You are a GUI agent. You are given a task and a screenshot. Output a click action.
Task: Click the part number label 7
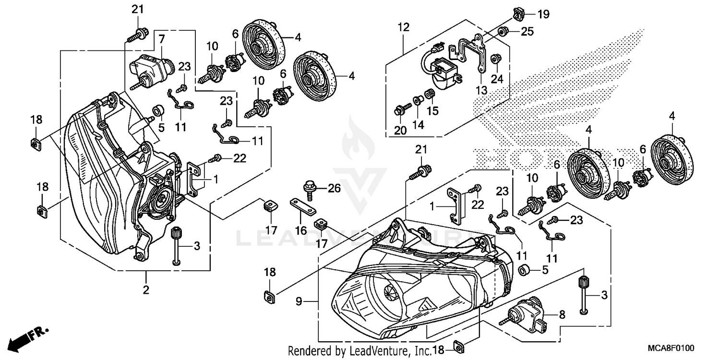[162, 38]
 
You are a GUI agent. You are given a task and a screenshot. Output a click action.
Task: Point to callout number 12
[403, 27]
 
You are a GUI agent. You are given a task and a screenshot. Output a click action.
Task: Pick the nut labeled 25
[502, 32]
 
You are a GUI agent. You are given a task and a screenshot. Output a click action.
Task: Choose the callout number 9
[299, 301]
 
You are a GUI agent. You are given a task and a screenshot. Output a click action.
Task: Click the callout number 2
[146, 289]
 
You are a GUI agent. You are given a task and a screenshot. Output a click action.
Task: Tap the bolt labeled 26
[310, 186]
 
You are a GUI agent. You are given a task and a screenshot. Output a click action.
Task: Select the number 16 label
[301, 231]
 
